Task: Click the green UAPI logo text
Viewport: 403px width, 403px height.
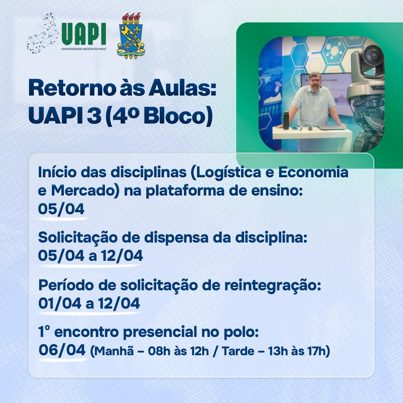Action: (84, 34)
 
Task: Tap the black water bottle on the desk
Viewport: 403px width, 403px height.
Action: (286, 120)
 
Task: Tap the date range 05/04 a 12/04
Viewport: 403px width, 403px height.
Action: (90, 256)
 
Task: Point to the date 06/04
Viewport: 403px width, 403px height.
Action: (62, 350)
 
